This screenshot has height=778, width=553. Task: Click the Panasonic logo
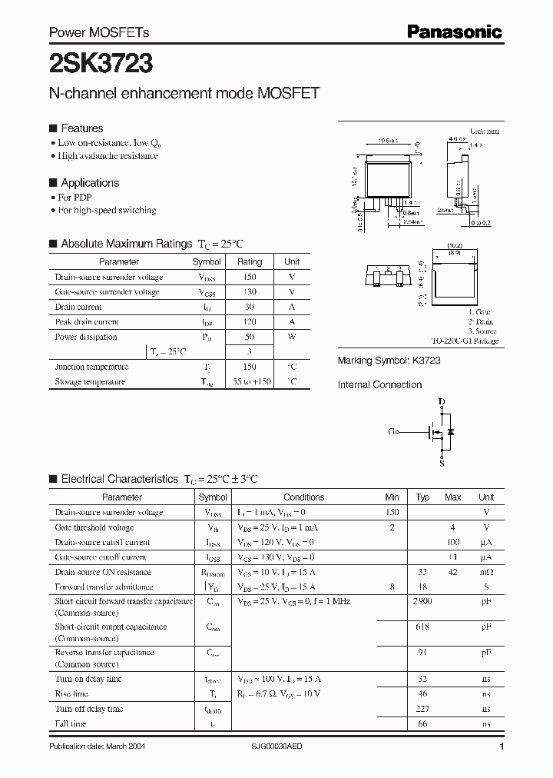coord(454,32)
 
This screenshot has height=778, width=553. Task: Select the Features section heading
coord(81,128)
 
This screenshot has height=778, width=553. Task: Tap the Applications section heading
coord(90,183)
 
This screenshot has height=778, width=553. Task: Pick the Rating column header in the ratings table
coord(250,262)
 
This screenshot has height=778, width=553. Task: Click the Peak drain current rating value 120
coord(250,322)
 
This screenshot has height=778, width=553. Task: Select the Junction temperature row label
coord(91,367)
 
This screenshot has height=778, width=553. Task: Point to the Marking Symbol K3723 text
coord(389,361)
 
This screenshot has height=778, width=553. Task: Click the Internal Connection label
coord(379,384)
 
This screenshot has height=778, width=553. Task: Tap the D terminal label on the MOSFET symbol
coord(441,402)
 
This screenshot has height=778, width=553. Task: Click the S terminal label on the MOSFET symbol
coord(441,464)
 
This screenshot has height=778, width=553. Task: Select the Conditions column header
coord(304,497)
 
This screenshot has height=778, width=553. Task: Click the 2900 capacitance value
coord(422,601)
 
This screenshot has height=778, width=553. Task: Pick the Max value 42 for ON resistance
coord(452,572)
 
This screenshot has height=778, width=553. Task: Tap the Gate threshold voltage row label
coord(94,527)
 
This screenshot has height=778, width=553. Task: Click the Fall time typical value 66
coord(422,723)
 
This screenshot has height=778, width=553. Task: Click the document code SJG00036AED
coord(277,746)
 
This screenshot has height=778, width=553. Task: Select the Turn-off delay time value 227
coord(422,709)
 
